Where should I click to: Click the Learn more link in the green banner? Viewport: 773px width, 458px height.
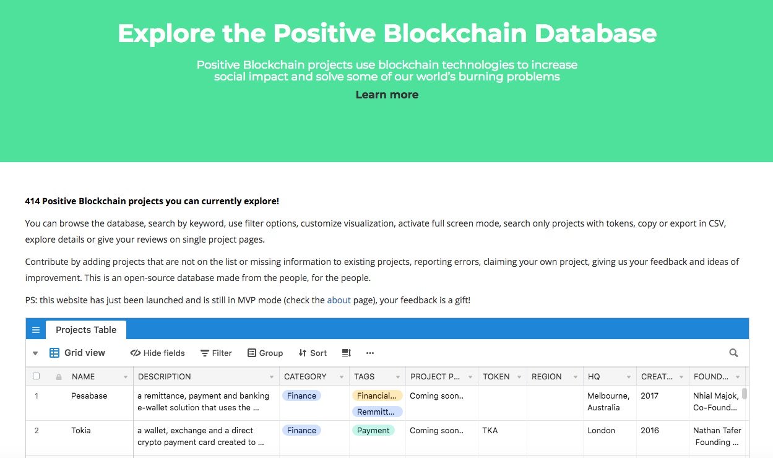pos(387,95)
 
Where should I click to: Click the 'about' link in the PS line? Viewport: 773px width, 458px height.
pos(339,300)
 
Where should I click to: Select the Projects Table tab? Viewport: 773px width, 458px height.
pos(86,330)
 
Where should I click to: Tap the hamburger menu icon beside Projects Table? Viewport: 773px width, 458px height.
pos(36,330)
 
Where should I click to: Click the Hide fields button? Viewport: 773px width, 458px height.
pos(157,353)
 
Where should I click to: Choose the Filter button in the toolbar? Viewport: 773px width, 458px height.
pos(216,353)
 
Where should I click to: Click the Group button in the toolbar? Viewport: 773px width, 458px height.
pos(265,353)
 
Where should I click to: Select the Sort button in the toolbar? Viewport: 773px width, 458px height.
pos(313,353)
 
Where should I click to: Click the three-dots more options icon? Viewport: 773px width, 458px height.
pos(370,353)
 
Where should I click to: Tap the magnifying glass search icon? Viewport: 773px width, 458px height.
pos(733,353)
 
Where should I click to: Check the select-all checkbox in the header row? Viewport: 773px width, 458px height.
pos(36,376)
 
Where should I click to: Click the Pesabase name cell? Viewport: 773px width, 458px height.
pos(89,395)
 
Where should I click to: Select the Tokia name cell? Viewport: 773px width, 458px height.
pos(80,430)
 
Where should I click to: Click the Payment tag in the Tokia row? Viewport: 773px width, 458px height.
pos(373,430)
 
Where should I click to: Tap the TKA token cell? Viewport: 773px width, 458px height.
pos(490,430)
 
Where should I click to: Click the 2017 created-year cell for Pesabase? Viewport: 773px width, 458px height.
pos(649,395)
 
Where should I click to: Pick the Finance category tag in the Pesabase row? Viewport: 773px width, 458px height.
pos(301,395)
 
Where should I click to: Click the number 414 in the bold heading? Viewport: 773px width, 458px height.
pos(32,201)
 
